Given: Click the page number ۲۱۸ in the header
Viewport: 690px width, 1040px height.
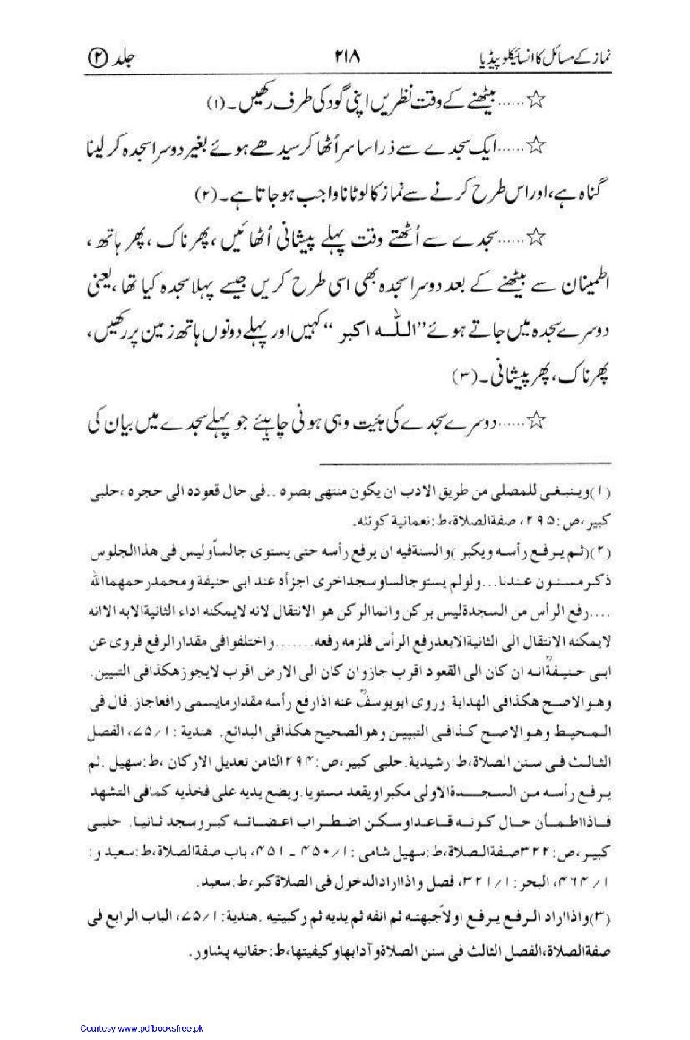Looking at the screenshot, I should point(345,56).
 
